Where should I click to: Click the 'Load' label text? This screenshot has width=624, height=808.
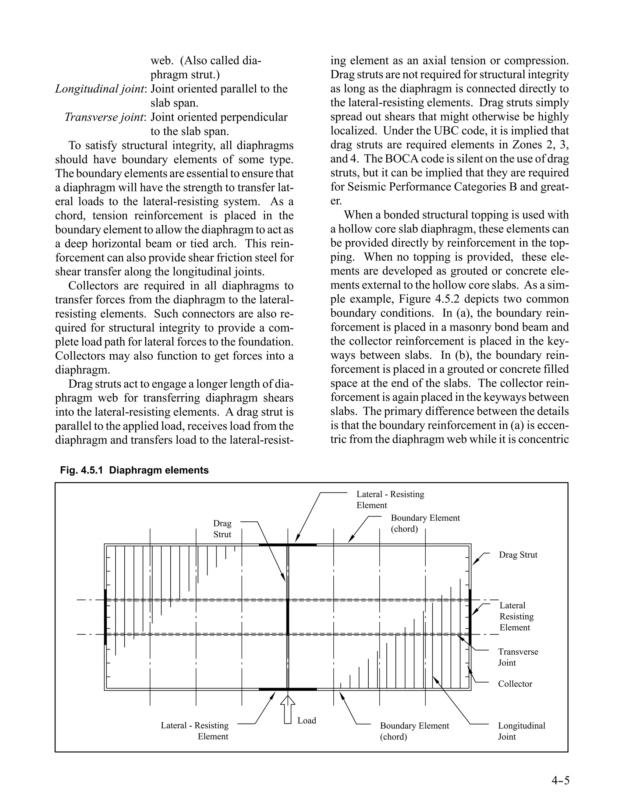[x=307, y=720]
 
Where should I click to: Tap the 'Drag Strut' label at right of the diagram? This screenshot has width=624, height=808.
[x=518, y=555]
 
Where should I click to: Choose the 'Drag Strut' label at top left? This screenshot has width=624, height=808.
[x=222, y=529]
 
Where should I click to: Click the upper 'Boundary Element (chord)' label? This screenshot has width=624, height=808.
[x=425, y=523]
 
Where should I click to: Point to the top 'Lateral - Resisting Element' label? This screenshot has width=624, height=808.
[x=390, y=499]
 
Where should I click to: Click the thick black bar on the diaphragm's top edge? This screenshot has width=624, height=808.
[x=288, y=545]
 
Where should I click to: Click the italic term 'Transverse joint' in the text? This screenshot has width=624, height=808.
[x=105, y=117]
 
